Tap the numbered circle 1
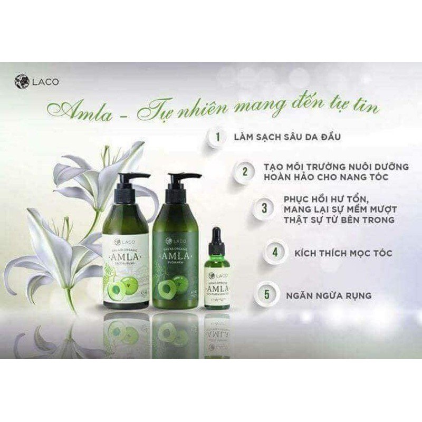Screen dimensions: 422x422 point(217,137)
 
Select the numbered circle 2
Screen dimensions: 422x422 point(245,171)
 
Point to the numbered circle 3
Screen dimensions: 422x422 point(264,207)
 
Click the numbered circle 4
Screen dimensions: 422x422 point(275,252)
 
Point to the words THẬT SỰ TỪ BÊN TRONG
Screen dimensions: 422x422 point(340,219)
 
